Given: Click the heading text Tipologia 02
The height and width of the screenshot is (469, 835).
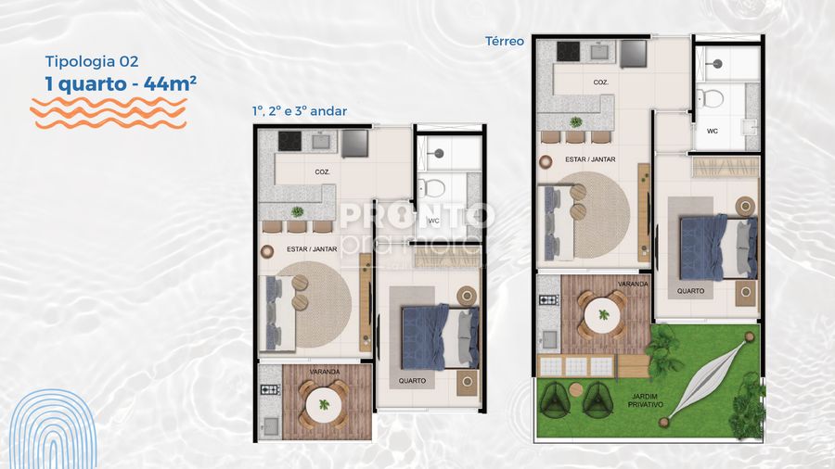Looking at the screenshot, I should (x=92, y=61).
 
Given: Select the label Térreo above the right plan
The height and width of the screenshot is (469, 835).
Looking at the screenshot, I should (x=505, y=41).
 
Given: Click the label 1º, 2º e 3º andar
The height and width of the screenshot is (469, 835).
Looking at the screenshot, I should (x=299, y=111).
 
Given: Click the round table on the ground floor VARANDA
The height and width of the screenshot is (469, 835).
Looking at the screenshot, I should (x=602, y=316).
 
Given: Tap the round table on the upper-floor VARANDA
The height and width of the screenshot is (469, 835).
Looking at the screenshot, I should (x=324, y=404).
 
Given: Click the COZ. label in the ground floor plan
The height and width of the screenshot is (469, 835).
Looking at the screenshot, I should (x=601, y=82).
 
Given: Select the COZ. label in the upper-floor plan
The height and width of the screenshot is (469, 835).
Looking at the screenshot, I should (x=322, y=171).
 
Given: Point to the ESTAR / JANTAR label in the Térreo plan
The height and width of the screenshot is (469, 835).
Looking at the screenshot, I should (x=591, y=159).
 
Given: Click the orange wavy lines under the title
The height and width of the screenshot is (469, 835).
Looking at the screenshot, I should (x=109, y=112).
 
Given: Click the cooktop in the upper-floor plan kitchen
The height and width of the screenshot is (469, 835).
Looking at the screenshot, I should (x=290, y=142).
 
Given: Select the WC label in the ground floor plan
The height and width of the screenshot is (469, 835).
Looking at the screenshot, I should (x=713, y=131).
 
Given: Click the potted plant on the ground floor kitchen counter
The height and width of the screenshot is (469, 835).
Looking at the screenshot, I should (x=576, y=121).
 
